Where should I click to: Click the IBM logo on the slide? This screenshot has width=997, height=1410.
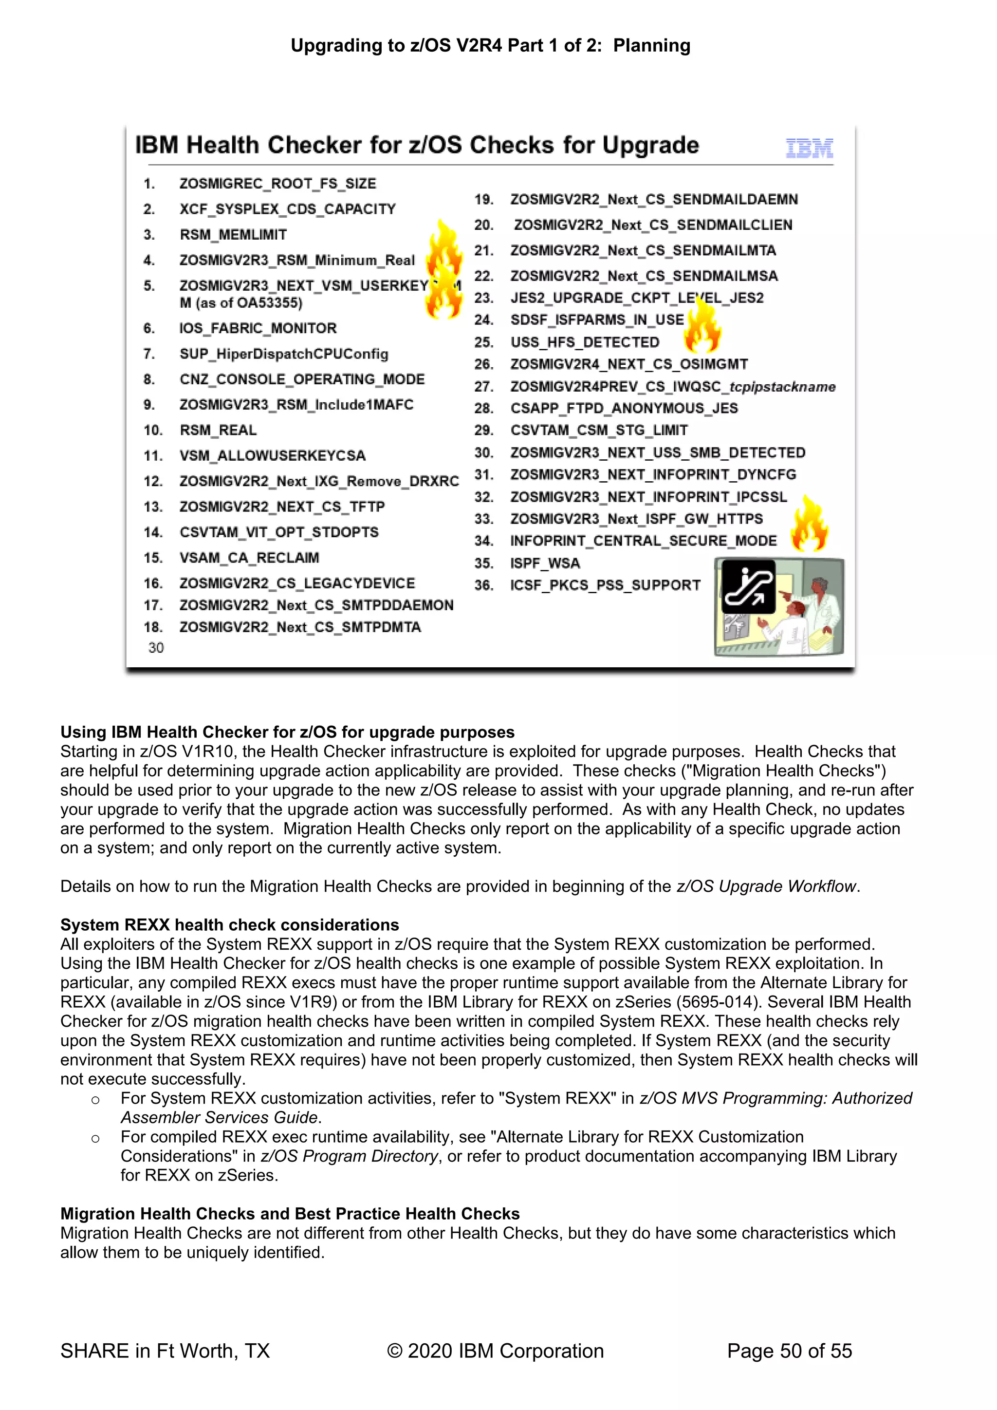coord(809,148)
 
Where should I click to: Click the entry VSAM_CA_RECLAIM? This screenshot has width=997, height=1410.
coord(249,558)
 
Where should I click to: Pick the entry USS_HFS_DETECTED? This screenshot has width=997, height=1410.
coord(585,342)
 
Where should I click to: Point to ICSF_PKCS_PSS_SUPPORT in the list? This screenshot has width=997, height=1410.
coord(605,585)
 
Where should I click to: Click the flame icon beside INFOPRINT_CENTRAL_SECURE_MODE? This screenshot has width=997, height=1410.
coord(809,524)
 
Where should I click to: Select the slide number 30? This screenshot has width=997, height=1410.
coord(156,647)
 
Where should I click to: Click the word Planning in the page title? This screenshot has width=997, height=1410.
coord(651,45)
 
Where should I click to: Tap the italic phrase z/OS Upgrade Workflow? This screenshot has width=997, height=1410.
coord(766,886)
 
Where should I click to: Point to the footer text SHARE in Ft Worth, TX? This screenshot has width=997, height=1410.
coord(165,1351)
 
